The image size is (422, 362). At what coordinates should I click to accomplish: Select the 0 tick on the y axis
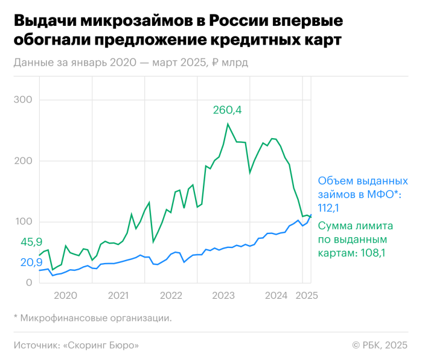[x=29, y=283]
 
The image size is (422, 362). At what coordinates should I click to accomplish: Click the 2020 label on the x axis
[x=65, y=296]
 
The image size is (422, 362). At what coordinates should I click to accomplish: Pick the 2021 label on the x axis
[x=118, y=296]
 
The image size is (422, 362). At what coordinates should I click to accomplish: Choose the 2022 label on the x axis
[x=171, y=296]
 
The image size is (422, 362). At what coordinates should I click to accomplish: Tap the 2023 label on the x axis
[x=224, y=296]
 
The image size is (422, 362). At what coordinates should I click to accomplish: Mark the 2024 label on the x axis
[x=277, y=296]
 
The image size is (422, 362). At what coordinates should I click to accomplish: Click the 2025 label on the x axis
[x=306, y=296]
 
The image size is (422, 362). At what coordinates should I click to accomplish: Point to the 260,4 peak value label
[x=227, y=110]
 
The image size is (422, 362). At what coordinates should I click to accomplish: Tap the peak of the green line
[x=228, y=124]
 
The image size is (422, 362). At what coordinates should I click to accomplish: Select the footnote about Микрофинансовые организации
[x=92, y=317]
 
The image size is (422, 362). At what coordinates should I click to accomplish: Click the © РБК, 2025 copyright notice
[x=380, y=345]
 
